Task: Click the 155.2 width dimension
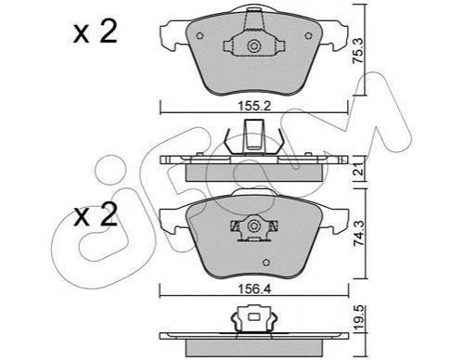(254, 106)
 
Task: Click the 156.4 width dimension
(254, 289)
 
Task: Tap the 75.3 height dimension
(358, 50)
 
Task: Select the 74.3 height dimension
(358, 233)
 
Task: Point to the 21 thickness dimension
(358, 170)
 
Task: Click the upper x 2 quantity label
(95, 32)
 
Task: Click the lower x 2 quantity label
(95, 214)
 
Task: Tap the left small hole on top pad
(199, 36)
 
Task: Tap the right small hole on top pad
(308, 36)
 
